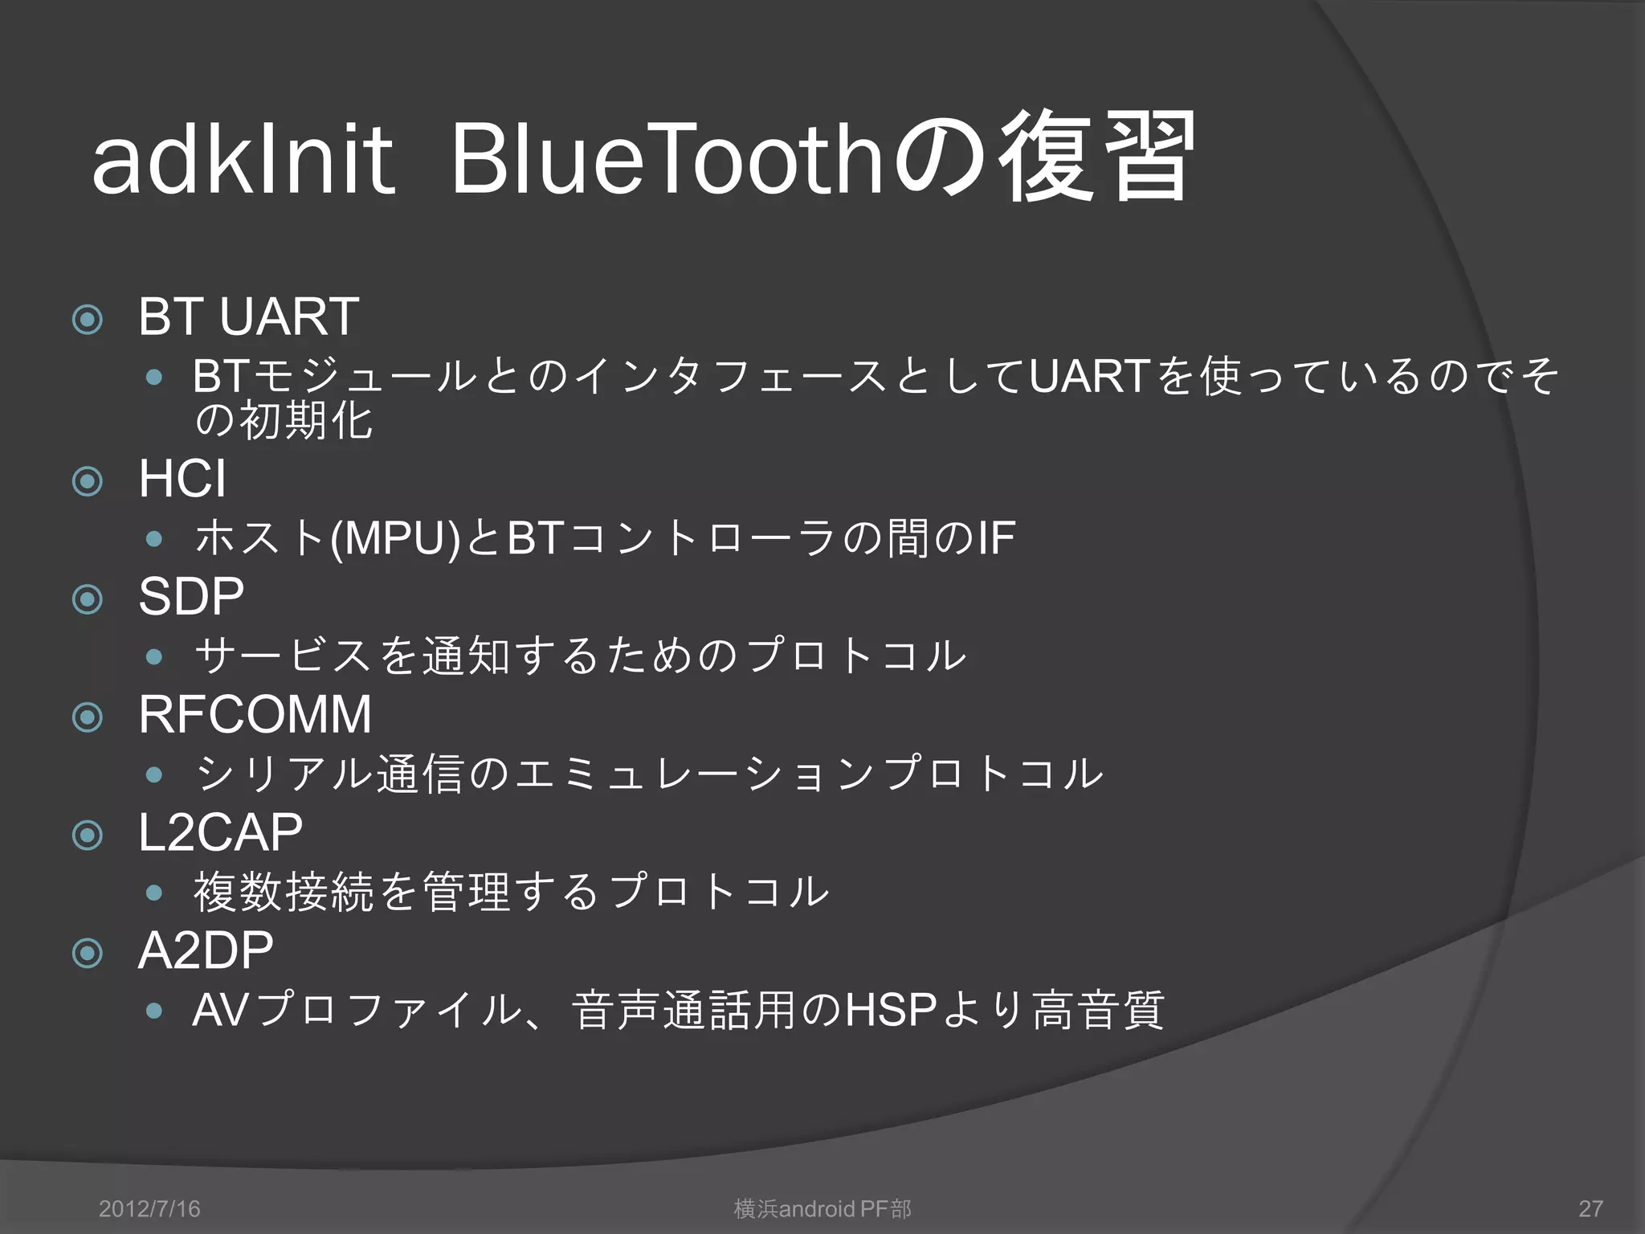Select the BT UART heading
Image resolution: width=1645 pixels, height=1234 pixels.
[x=248, y=317]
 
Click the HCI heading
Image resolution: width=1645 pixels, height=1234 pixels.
[x=182, y=479]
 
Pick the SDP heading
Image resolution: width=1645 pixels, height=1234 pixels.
[x=191, y=597]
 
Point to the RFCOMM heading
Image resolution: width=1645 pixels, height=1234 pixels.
[x=255, y=714]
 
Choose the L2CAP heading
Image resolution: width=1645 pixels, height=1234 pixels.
[x=220, y=833]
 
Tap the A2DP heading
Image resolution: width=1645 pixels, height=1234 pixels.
[x=206, y=951]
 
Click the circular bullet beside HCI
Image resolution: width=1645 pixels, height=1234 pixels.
[x=88, y=482]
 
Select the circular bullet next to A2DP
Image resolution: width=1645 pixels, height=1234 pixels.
[x=88, y=954]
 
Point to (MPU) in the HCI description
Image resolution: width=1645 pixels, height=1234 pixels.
[x=395, y=539]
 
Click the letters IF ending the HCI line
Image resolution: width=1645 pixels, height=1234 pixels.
[x=996, y=538]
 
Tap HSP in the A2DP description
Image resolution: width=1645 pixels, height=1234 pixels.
[x=891, y=1011]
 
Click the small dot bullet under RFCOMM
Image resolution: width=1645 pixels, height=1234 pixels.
[x=154, y=775]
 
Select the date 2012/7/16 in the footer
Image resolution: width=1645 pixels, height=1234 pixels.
[x=149, y=1208]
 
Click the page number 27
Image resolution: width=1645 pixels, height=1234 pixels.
[x=1590, y=1208]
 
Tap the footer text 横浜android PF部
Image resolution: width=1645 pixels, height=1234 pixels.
[x=822, y=1208]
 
